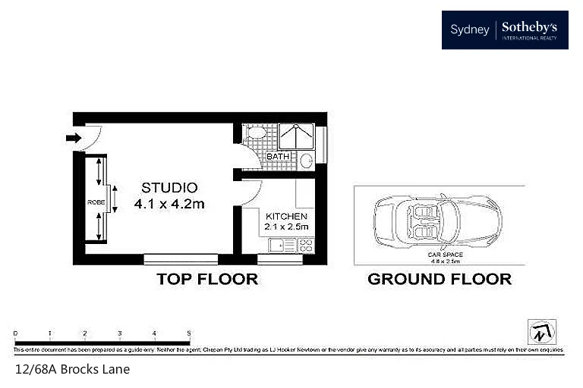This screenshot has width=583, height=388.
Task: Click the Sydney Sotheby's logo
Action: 505,30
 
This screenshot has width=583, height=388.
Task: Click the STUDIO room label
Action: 169,187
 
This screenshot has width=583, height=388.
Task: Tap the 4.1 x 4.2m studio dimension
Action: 169,203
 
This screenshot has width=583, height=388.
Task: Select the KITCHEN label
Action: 285,215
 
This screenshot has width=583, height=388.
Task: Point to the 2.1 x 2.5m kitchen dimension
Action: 286,226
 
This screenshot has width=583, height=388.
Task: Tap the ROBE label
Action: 96,203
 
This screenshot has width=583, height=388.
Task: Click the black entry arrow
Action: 73,138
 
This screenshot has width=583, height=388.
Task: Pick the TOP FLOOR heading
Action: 207,279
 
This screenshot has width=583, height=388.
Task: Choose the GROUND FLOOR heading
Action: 439,279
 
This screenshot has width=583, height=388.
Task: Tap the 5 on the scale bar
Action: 189,333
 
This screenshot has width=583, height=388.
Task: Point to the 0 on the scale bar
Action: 16,333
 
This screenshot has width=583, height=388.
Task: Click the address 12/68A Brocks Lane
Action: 72,370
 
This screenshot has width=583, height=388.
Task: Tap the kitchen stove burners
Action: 306,245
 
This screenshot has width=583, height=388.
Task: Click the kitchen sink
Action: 279,245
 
